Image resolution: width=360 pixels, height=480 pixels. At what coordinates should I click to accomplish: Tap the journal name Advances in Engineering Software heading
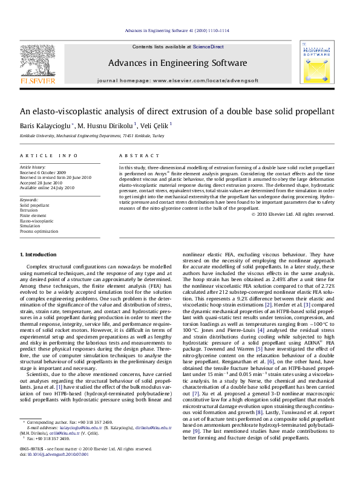177,63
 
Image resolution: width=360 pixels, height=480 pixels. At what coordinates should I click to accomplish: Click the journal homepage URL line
177,80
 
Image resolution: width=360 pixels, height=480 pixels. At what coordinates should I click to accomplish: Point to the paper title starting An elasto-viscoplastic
177,111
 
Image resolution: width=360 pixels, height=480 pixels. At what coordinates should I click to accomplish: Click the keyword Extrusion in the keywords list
30,210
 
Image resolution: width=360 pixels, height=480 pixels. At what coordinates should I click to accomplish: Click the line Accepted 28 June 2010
44,183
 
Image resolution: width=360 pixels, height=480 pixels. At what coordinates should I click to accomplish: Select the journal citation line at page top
177,30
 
